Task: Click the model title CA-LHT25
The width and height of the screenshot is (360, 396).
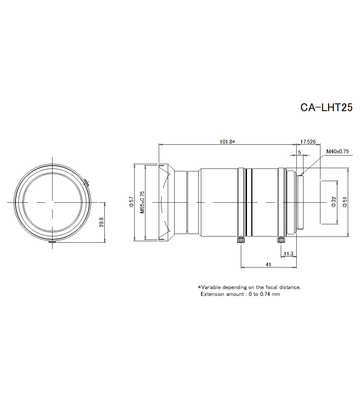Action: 326,108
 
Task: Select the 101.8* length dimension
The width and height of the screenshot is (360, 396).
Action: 227,141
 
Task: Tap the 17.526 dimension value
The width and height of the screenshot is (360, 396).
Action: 308,141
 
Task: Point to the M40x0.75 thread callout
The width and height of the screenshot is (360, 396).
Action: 337,152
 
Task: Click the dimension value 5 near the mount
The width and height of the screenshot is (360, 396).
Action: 299,152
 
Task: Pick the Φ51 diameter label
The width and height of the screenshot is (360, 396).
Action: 345,202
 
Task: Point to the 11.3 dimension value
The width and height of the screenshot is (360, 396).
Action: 288,254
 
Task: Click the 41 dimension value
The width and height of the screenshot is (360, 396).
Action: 268,264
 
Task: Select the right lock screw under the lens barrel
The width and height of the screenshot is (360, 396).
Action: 281,240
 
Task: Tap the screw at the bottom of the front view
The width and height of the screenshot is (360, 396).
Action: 52,242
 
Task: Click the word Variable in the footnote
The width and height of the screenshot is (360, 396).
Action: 211,287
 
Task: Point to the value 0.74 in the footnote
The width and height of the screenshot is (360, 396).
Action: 265,294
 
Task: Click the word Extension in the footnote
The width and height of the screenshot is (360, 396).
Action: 212,294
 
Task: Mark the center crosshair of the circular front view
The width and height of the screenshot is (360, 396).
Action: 52,202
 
